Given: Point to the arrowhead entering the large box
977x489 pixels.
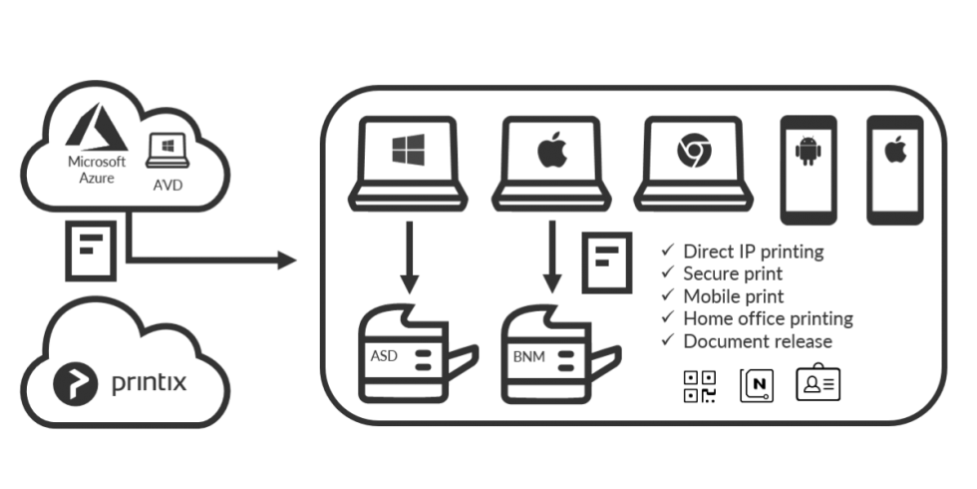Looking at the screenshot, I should [289, 262].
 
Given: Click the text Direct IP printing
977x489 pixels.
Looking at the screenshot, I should [754, 250].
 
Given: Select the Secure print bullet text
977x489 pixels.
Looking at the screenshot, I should [732, 273].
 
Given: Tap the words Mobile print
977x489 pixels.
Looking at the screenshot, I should [734, 296].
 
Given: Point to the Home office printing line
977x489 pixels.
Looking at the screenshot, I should [768, 319].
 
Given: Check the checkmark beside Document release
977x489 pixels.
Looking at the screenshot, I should [670, 341].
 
